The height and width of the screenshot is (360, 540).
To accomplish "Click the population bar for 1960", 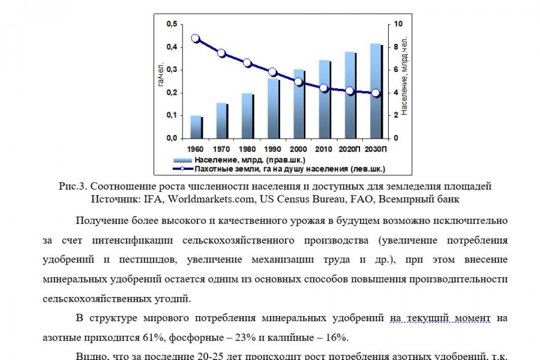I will [196, 127].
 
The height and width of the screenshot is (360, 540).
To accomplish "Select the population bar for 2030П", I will [376, 91].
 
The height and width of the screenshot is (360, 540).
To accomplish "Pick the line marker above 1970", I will [221, 53].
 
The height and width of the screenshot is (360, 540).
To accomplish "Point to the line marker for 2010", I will [324, 88].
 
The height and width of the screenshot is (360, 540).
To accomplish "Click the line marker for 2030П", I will [376, 93].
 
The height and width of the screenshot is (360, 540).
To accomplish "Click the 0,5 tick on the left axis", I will [172, 24].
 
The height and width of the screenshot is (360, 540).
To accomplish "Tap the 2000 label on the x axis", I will [298, 149].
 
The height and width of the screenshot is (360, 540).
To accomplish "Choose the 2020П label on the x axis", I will [349, 149].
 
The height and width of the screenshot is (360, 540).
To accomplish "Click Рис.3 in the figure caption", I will [74, 185].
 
